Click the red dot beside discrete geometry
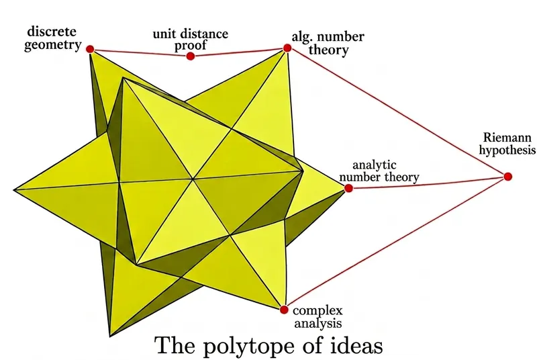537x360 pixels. [x=90, y=49]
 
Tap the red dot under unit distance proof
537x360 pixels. [x=191, y=56]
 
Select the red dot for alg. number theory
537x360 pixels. [x=287, y=48]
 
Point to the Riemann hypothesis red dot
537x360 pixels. [x=508, y=177]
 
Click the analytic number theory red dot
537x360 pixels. [x=348, y=188]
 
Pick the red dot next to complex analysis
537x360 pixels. [x=283, y=310]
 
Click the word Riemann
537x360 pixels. [x=507, y=138]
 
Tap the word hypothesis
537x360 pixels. [x=507, y=150]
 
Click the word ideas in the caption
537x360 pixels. [x=356, y=345]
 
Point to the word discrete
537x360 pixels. [x=52, y=32]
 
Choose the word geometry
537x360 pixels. [x=53, y=45]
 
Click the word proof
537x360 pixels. [x=191, y=46]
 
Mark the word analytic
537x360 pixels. [x=375, y=165]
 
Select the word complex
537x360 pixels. [x=318, y=311]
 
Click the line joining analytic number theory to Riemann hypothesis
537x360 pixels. [x=428, y=183]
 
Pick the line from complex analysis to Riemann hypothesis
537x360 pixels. [x=396, y=243]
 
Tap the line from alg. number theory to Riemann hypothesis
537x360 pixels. [x=397, y=112]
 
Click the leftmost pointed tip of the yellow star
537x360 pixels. [x=14, y=190]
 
